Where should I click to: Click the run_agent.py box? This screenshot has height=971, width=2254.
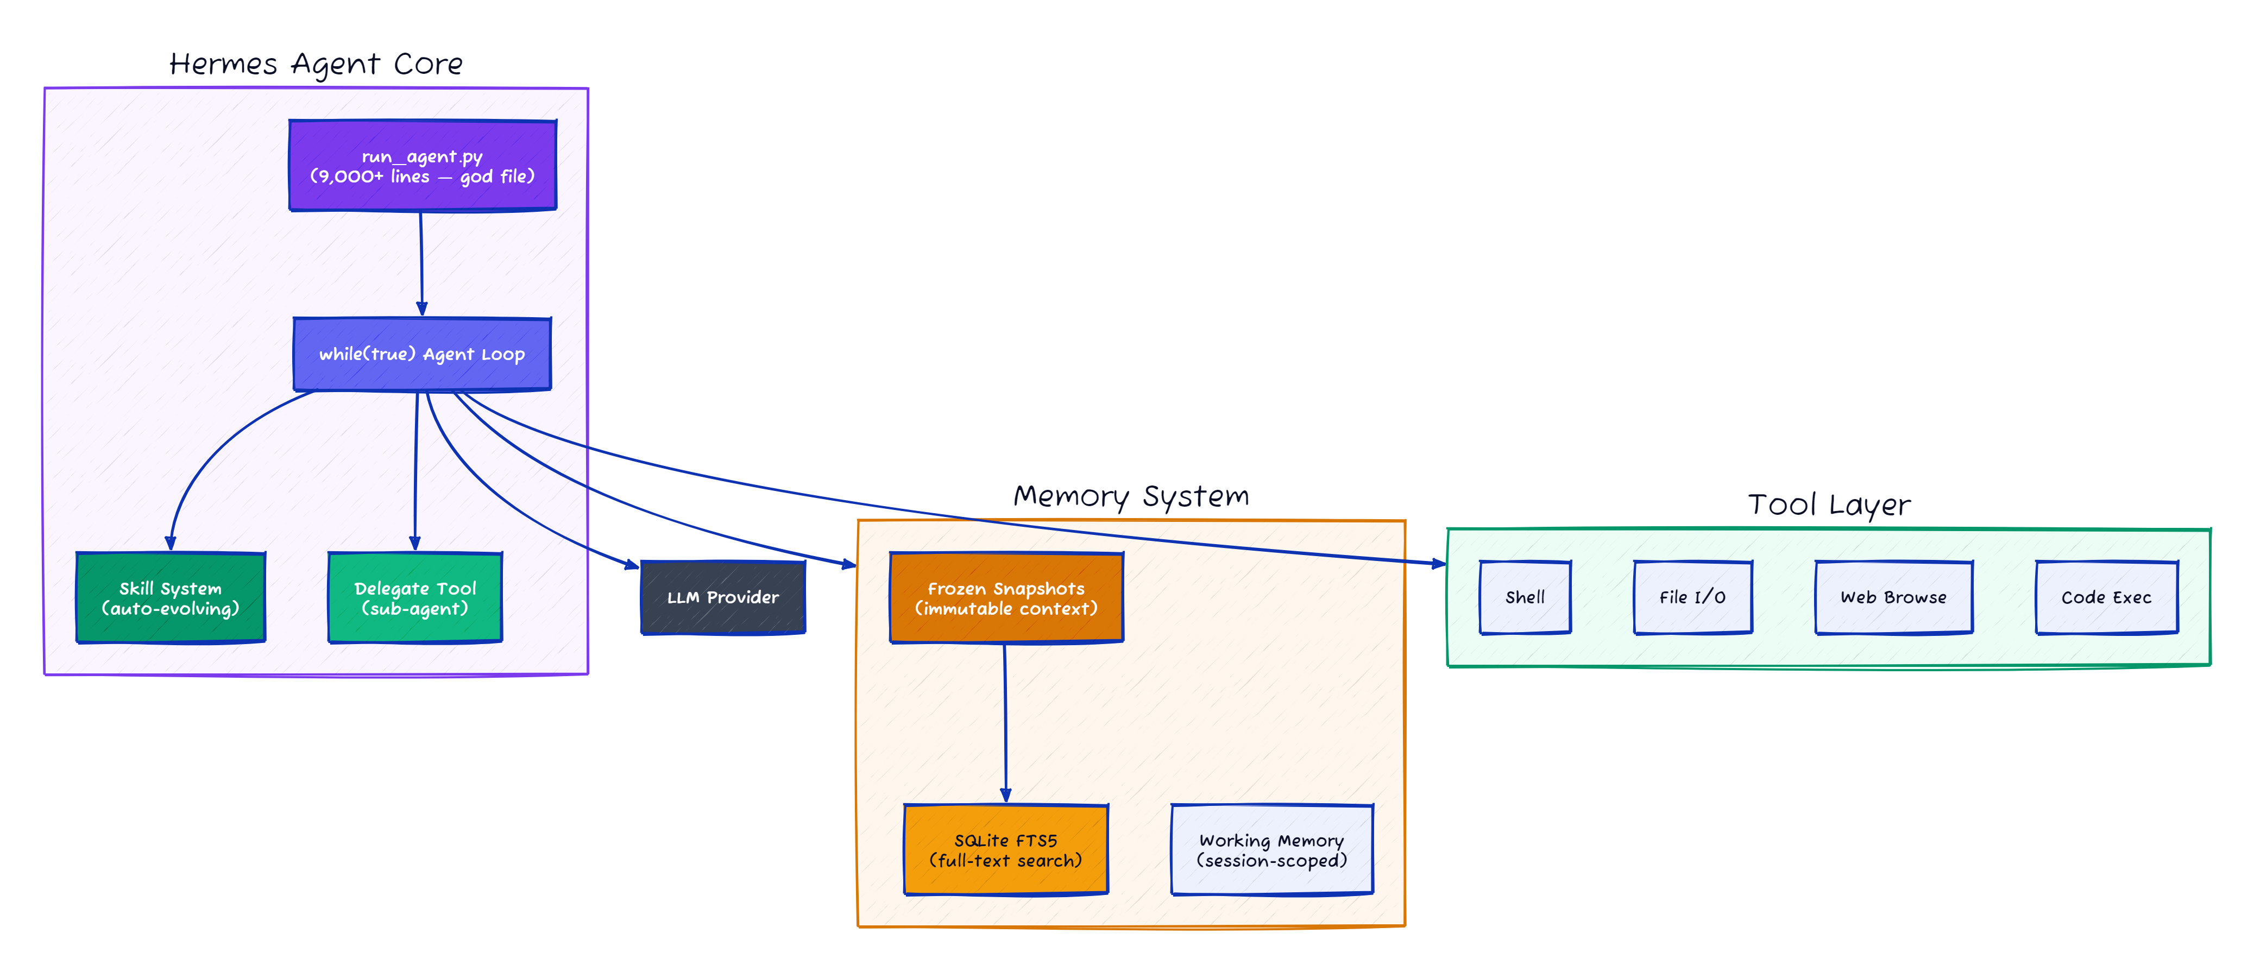(x=423, y=166)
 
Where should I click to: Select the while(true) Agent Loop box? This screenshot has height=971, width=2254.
(x=422, y=354)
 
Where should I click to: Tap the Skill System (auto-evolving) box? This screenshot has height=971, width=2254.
(x=171, y=598)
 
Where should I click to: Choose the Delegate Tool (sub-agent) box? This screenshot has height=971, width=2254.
(x=415, y=598)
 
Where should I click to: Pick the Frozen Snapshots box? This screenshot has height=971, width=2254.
(x=1006, y=598)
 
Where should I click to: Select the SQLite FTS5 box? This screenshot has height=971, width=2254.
(x=1006, y=850)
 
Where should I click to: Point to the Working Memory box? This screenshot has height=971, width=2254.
(x=1271, y=850)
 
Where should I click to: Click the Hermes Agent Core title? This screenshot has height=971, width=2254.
(x=316, y=65)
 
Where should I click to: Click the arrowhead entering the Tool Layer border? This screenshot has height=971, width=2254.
(x=1439, y=564)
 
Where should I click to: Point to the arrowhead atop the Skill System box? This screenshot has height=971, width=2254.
(x=171, y=543)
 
